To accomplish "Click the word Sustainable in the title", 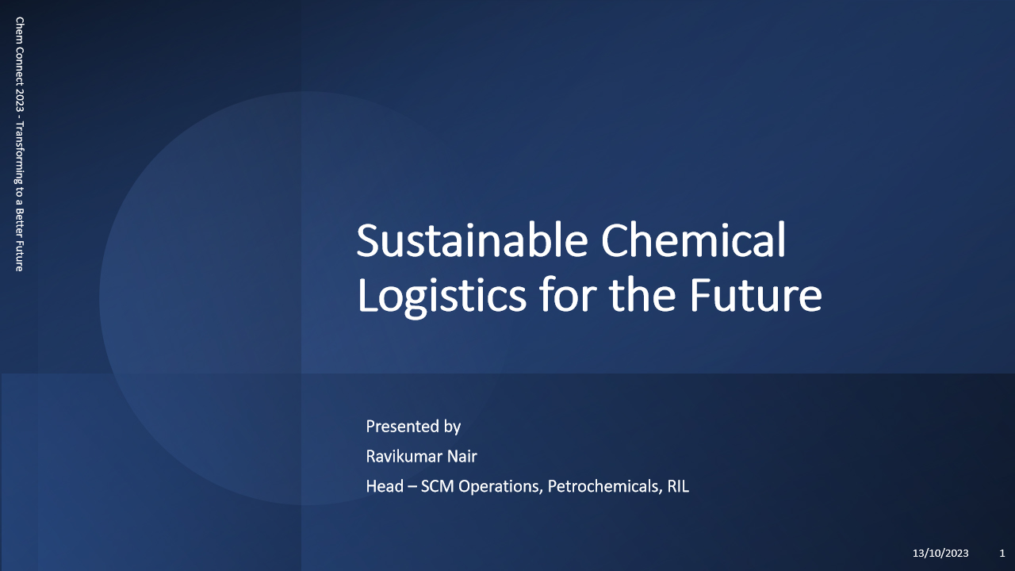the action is click(472, 240).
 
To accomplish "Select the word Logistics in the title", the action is click(442, 296).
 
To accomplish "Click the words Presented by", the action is click(413, 427).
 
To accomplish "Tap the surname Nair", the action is click(462, 456).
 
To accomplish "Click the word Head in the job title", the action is click(385, 486).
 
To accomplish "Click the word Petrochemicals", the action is click(605, 487).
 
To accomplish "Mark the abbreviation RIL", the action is click(678, 486).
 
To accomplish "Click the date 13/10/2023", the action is click(940, 554).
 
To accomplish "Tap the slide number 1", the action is click(1002, 554).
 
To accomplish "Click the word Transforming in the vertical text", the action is click(20, 153).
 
